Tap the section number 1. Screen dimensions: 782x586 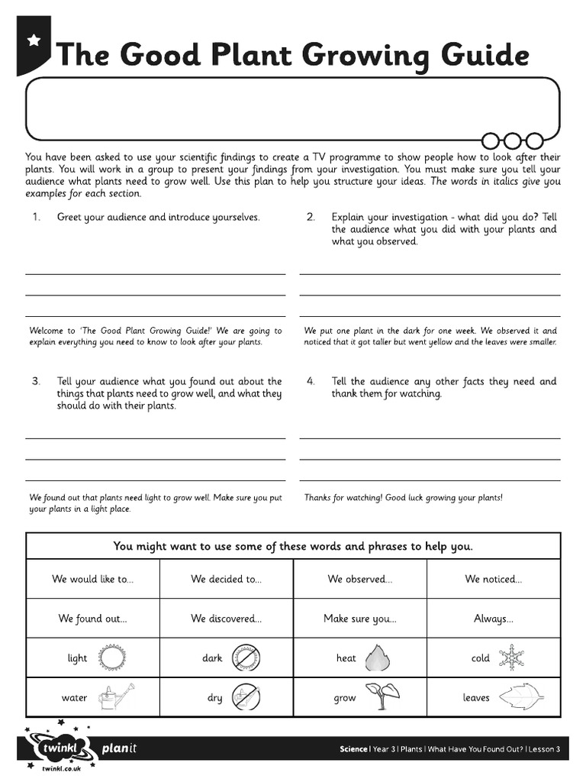tap(36, 217)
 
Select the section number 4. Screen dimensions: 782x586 tap(311, 381)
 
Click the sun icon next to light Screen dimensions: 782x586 tap(115, 658)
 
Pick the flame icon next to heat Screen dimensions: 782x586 tap(378, 658)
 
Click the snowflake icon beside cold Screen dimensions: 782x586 tap(510, 658)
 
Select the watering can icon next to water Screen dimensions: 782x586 tap(115, 697)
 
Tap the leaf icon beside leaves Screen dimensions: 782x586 tap(521, 697)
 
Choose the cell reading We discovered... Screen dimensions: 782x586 tap(226, 619)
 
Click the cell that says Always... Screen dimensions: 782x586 tap(493, 619)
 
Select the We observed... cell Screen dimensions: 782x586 tap(359, 579)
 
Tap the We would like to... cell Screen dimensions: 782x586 tap(92, 579)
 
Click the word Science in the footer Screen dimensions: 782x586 tap(353, 749)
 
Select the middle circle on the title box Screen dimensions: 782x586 tap(513, 140)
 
